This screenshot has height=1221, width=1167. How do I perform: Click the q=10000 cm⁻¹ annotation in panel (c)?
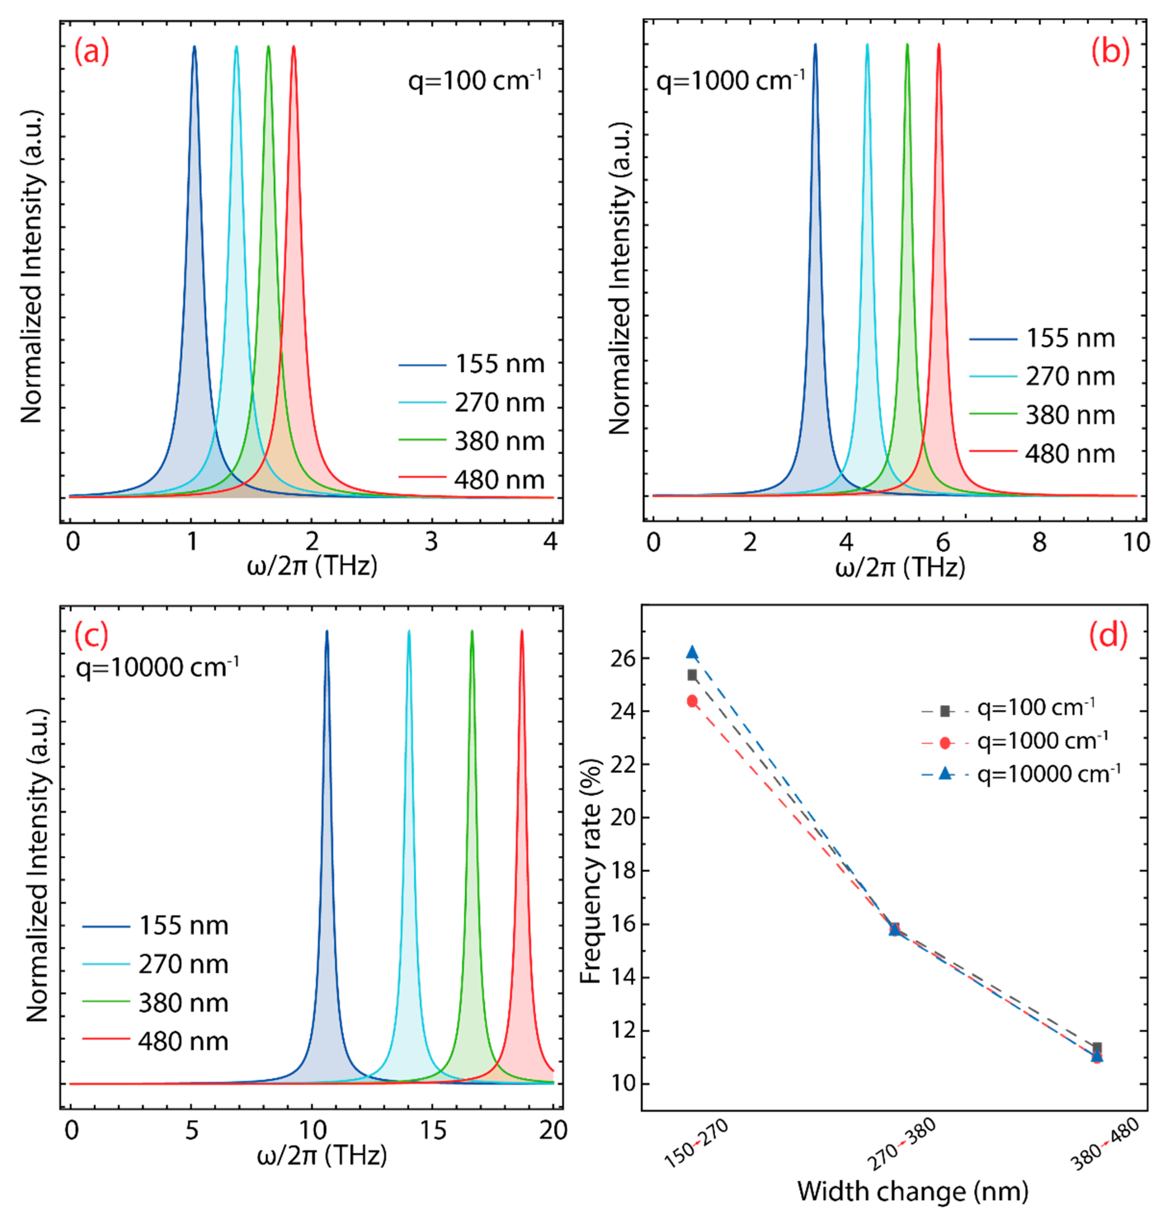(157, 667)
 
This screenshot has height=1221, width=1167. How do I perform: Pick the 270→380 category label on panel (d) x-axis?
(901, 1144)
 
